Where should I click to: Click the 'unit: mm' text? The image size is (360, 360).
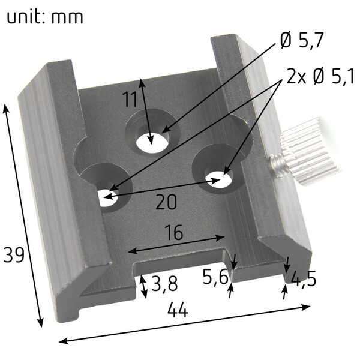pos(45,17)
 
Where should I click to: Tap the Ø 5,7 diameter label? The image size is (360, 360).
pos(302,40)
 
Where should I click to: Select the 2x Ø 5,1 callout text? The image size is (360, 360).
pos(320,76)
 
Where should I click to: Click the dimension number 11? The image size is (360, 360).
pos(130,100)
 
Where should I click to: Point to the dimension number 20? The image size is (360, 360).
pos(166,202)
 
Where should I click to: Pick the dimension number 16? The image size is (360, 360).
pos(174,232)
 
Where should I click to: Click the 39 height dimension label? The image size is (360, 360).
pos(14,255)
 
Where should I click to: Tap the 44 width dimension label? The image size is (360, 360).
pos(178,310)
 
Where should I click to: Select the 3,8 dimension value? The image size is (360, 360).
pos(164,284)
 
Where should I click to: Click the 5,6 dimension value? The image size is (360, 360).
pos(216,277)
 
